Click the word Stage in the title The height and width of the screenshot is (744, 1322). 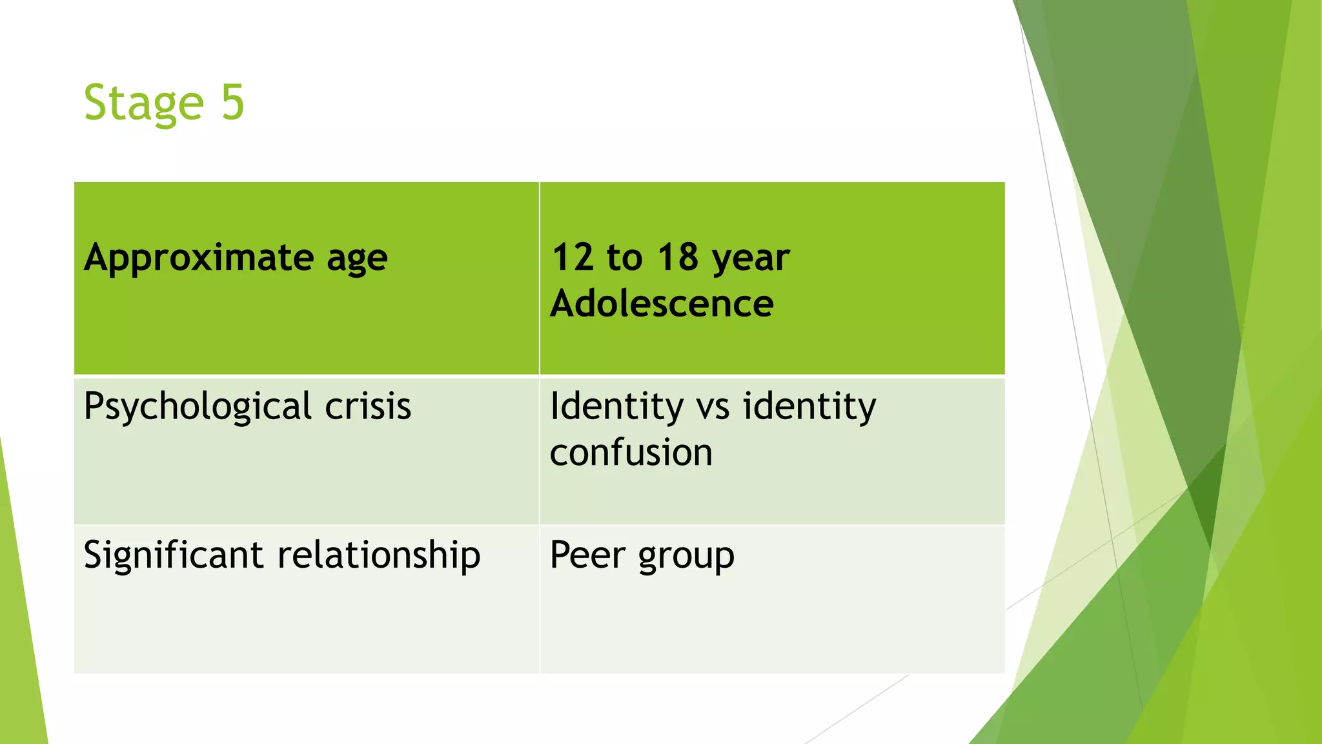(x=144, y=103)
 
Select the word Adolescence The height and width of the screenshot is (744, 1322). (x=662, y=304)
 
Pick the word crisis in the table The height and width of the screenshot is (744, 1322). (x=368, y=407)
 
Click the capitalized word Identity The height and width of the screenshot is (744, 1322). (x=616, y=408)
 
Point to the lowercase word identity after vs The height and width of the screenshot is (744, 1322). (x=809, y=408)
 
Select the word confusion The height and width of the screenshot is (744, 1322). (x=631, y=452)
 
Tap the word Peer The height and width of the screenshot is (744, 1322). (x=587, y=555)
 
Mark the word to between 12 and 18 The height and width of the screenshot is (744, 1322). (x=624, y=258)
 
